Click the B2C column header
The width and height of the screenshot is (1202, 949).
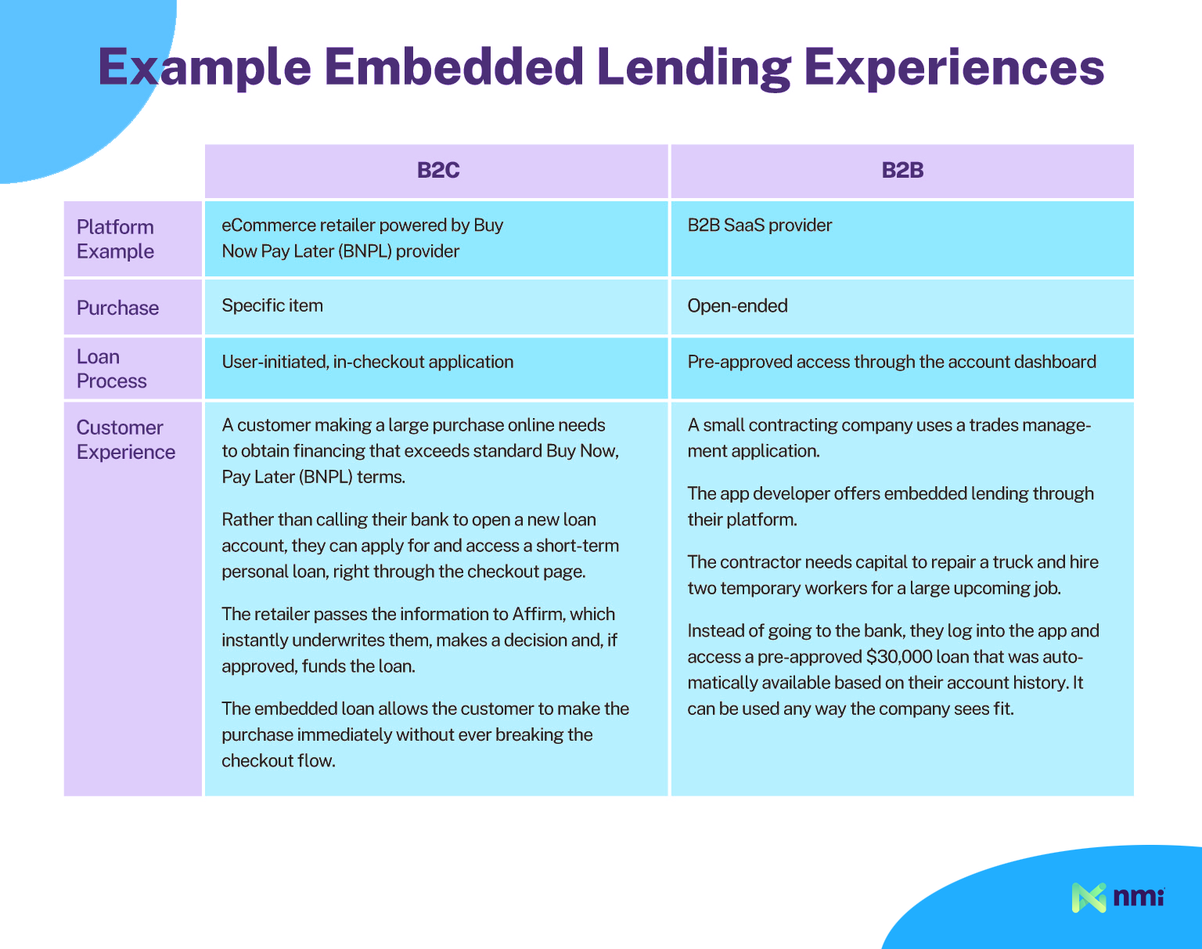click(x=438, y=170)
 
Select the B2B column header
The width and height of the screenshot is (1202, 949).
click(x=902, y=170)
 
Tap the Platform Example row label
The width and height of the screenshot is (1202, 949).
click(x=115, y=239)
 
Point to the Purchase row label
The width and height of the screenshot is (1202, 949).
click(x=118, y=308)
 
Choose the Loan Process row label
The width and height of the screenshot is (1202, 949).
click(x=112, y=369)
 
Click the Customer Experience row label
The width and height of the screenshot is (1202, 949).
click(x=126, y=440)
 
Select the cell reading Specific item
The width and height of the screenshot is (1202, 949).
click(x=272, y=305)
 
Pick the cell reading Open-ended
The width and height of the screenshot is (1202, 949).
click(x=737, y=305)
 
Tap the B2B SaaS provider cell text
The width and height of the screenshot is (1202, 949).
click(x=760, y=226)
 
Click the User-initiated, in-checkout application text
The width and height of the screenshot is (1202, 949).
click(x=368, y=363)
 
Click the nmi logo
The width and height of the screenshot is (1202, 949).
click(x=1117, y=897)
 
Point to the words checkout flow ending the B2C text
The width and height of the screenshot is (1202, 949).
click(x=279, y=760)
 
